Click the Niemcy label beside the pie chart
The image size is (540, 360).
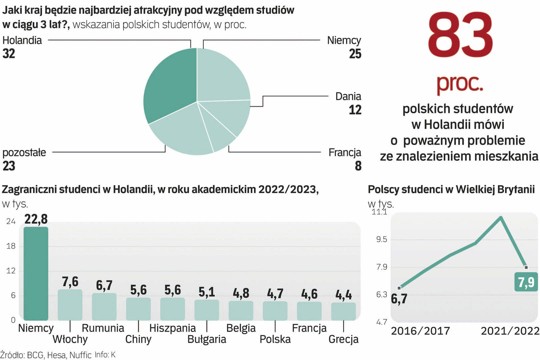click(x=344, y=40)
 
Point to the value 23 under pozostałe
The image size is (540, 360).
click(x=9, y=166)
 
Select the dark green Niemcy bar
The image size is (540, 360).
click(x=36, y=273)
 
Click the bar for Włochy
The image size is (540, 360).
click(x=70, y=305)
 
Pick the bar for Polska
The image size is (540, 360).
click(x=275, y=311)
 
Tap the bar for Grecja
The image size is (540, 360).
click(x=343, y=311)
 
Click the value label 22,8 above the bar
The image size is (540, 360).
click(x=36, y=219)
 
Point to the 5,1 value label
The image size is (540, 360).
click(x=207, y=292)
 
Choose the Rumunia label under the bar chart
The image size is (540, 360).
click(x=103, y=328)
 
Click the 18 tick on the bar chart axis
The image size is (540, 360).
click(x=11, y=246)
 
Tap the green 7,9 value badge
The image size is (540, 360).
click(x=526, y=282)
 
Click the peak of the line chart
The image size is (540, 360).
click(x=501, y=218)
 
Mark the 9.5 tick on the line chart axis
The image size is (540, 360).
click(x=382, y=239)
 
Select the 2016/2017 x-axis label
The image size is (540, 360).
click(x=420, y=331)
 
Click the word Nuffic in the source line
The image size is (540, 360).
click(x=80, y=355)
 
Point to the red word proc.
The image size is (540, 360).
click(x=460, y=83)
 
